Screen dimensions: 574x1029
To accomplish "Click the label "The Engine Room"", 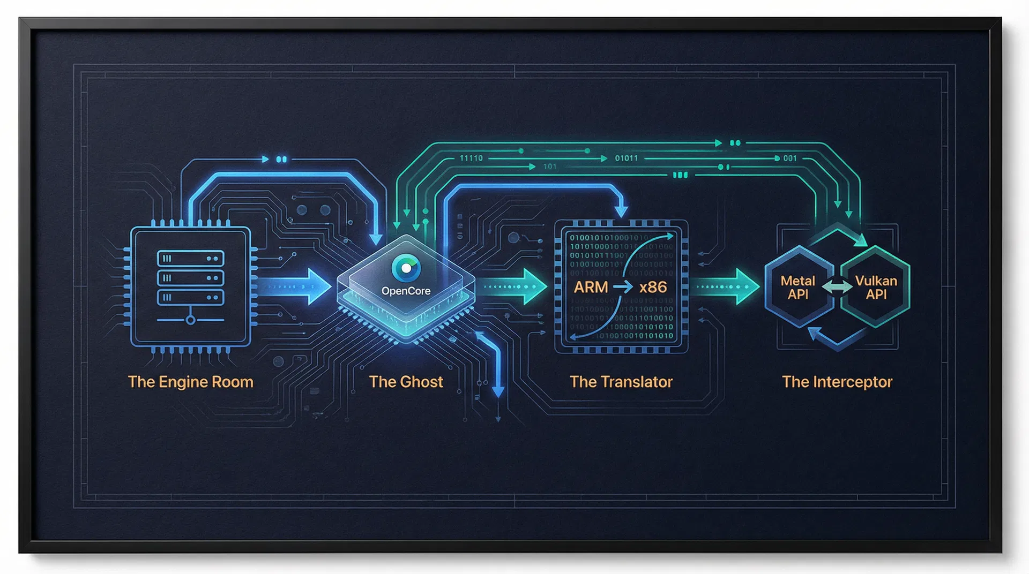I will [x=190, y=382].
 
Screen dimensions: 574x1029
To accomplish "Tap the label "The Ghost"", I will [x=406, y=382].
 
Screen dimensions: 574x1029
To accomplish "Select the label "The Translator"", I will [x=621, y=382].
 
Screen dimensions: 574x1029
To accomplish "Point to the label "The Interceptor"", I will [x=837, y=382].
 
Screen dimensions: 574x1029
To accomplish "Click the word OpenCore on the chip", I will [x=406, y=291].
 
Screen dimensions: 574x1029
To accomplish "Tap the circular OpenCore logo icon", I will [x=406, y=268].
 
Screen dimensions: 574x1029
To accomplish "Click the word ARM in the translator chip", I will [x=591, y=288].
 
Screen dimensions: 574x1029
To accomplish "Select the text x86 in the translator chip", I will [x=653, y=288].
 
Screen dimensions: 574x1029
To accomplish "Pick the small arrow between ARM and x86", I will [x=623, y=288].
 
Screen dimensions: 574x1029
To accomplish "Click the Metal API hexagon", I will [x=797, y=288].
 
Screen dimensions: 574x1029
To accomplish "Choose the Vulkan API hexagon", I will [x=876, y=288].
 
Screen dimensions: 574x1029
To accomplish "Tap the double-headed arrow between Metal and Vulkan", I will [x=837, y=288].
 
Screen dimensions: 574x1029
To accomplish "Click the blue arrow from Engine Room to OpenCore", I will [x=300, y=286].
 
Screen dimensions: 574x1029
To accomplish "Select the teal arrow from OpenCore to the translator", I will [x=514, y=286].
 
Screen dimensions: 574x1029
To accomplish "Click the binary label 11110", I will [x=471, y=158].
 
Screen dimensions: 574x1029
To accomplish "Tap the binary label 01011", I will [x=627, y=158].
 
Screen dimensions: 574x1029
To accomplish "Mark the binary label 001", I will [x=790, y=158].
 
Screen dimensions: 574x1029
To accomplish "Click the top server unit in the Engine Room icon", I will [x=190, y=259].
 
